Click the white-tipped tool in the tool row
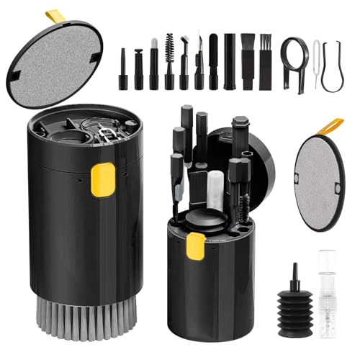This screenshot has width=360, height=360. tap(153, 58)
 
